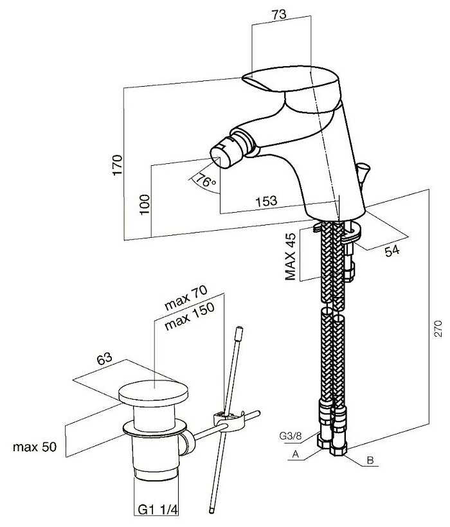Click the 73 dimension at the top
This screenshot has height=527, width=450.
tap(279, 14)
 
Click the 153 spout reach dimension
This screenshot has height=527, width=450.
tap(266, 201)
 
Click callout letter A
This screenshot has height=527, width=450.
tap(295, 454)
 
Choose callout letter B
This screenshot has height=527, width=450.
tap(370, 460)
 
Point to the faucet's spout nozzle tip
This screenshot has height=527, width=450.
tap(219, 154)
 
